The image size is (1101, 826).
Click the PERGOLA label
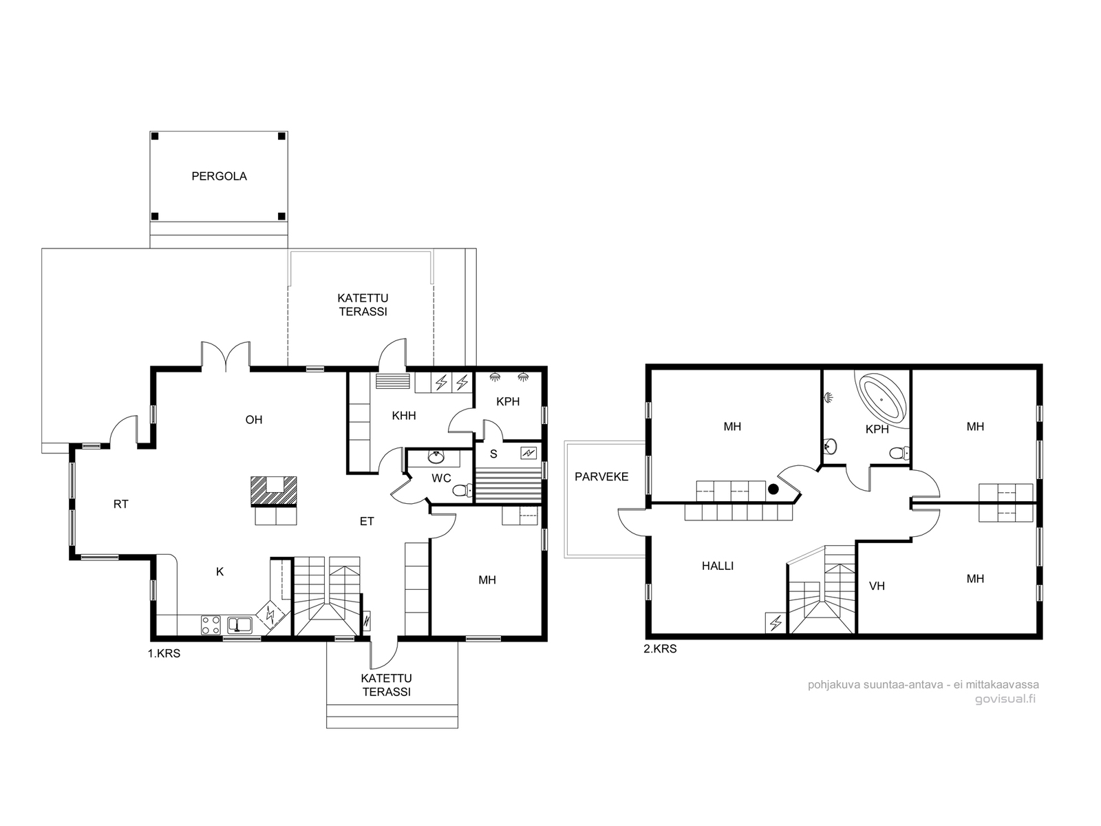pos(220,176)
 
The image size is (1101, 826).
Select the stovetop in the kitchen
pos(211,625)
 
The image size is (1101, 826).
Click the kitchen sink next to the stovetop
pos(239,625)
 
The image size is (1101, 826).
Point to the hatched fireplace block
pos(273,490)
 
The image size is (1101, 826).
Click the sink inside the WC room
pos(436,457)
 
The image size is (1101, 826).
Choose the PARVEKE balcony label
pos(601,476)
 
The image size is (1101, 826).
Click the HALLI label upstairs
pos(717,566)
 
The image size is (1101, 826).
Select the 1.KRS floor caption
pos(164,653)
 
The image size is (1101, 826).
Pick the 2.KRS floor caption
pos(660,648)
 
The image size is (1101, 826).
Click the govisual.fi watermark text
pos(1005,699)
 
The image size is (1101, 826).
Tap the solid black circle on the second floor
pos(773,489)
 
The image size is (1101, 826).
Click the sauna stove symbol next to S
pos(528,454)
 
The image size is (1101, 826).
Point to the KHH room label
pos(404,415)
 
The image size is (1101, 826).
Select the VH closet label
pos(877,586)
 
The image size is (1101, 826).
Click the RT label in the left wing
pos(121,504)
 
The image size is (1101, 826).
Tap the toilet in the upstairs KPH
pos(899,454)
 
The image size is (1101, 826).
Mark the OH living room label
pos(254,420)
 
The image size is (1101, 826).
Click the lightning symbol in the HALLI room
pos(776,623)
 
